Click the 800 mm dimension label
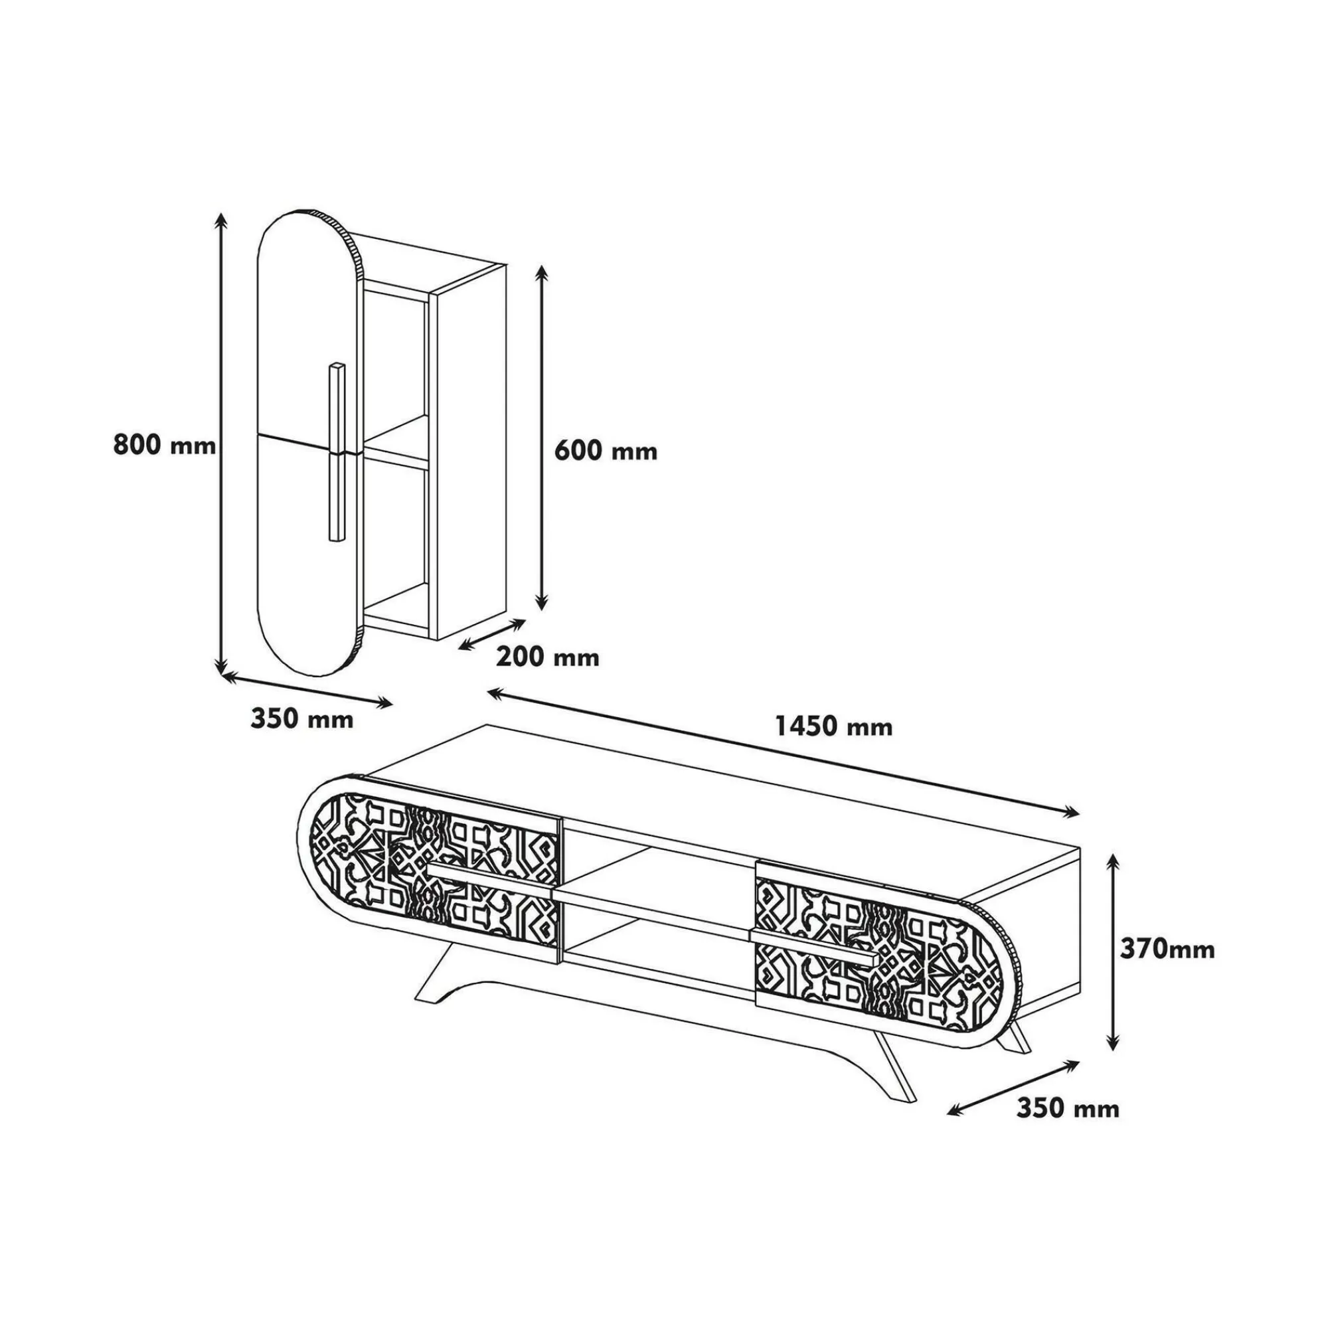coord(165,446)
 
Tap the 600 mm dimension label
coord(606,451)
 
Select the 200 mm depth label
coord(548,657)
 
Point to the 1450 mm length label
coord(834,726)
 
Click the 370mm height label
coord(1167,950)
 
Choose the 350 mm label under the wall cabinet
coord(301,719)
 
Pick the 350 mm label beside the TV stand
coord(1068,1108)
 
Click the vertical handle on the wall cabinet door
coord(337,451)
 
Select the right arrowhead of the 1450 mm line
coord(1070,814)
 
